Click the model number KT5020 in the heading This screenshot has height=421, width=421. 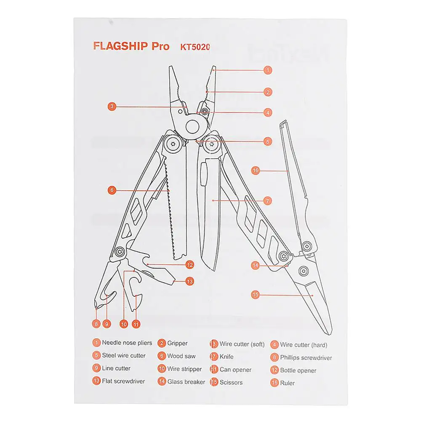(x=195, y=47)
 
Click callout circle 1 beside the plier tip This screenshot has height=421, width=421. (x=268, y=70)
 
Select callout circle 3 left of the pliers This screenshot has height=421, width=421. (x=112, y=107)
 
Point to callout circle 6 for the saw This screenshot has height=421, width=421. (x=112, y=190)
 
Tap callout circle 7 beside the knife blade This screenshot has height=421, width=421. (x=268, y=201)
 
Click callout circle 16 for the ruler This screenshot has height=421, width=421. (x=255, y=171)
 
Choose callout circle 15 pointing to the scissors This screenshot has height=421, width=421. (x=255, y=295)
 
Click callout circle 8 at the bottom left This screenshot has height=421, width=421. (x=96, y=324)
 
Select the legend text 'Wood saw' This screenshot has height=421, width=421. (x=181, y=356)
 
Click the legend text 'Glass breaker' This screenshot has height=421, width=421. (x=186, y=382)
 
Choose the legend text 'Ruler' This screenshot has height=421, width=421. (x=288, y=383)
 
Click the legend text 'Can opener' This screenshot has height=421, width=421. (x=236, y=370)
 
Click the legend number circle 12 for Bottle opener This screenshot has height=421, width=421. (x=274, y=370)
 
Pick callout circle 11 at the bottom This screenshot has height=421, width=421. (x=136, y=324)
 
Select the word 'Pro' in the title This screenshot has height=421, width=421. (x=160, y=46)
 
